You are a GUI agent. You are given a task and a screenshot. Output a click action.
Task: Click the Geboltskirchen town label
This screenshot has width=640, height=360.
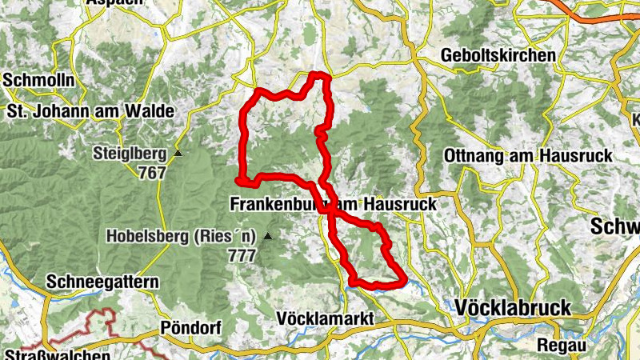coord(498,56)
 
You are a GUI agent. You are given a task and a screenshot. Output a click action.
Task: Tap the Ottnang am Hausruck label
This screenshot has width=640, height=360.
coord(527,155)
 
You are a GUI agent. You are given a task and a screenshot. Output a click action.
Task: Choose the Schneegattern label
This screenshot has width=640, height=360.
coord(103,282)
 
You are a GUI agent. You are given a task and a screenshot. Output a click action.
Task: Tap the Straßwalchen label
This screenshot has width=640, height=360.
coord(56,354)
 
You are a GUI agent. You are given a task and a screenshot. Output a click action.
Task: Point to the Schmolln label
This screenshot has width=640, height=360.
coord(39,81)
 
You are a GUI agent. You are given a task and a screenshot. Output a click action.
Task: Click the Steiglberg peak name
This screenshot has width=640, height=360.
coord(129,152)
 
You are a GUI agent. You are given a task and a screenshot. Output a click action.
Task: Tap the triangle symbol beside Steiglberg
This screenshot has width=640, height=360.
coord(178,153)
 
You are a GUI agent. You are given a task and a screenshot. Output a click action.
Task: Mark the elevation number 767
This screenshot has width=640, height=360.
coord(151,172)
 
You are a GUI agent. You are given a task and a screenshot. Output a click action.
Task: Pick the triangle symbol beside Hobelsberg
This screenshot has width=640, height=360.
coord(268,236)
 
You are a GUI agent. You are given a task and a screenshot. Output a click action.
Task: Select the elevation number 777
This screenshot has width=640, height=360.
coord(241,256)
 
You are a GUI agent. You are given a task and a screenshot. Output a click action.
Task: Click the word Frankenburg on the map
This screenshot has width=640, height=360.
coord(272,205)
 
